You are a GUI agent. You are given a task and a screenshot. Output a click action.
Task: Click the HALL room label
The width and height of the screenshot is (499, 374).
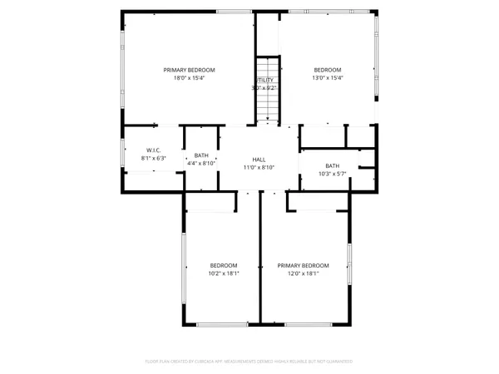pyautogui.click(x=259, y=160)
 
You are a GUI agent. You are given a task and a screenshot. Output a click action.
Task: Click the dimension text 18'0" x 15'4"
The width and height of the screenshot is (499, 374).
pyautogui.click(x=189, y=78)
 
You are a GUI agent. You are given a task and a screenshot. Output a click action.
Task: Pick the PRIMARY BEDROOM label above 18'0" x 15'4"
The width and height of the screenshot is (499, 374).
pyautogui.click(x=189, y=70)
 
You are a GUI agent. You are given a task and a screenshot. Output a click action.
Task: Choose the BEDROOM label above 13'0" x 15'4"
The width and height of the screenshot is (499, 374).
pyautogui.click(x=327, y=70)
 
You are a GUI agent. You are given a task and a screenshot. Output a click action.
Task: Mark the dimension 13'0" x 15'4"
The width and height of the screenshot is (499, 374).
pyautogui.click(x=327, y=78)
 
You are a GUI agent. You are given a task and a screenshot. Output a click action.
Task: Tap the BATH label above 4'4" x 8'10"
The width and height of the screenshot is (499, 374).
pyautogui.click(x=201, y=155)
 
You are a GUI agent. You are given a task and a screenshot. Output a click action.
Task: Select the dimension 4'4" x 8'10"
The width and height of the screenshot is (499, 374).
pyautogui.click(x=201, y=163)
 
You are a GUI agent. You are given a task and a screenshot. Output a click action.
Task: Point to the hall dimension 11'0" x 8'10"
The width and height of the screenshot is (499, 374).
pyautogui.click(x=259, y=167)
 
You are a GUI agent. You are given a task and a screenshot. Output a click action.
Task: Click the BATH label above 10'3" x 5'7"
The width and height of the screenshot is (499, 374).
pyautogui.click(x=333, y=165)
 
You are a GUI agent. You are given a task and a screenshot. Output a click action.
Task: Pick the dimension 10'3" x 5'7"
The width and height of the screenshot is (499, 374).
pyautogui.click(x=333, y=173)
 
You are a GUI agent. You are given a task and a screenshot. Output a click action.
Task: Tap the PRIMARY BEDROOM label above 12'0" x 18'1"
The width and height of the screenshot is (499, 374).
pyautogui.click(x=298, y=265)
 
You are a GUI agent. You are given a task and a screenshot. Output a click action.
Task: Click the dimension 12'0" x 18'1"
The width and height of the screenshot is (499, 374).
pyautogui.click(x=298, y=273)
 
